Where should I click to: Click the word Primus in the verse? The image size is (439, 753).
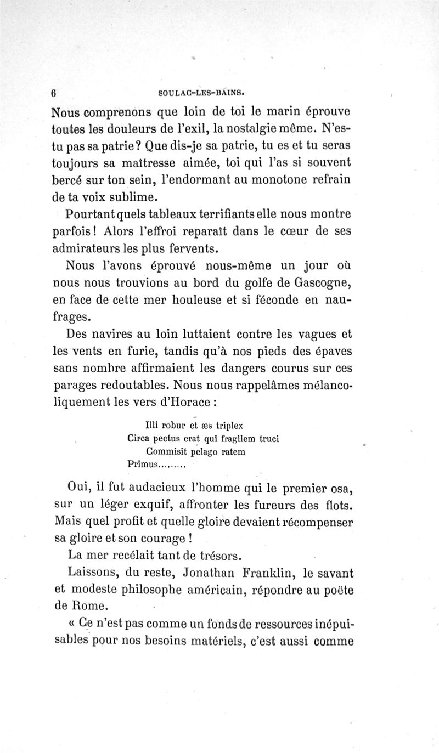point(143,465)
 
